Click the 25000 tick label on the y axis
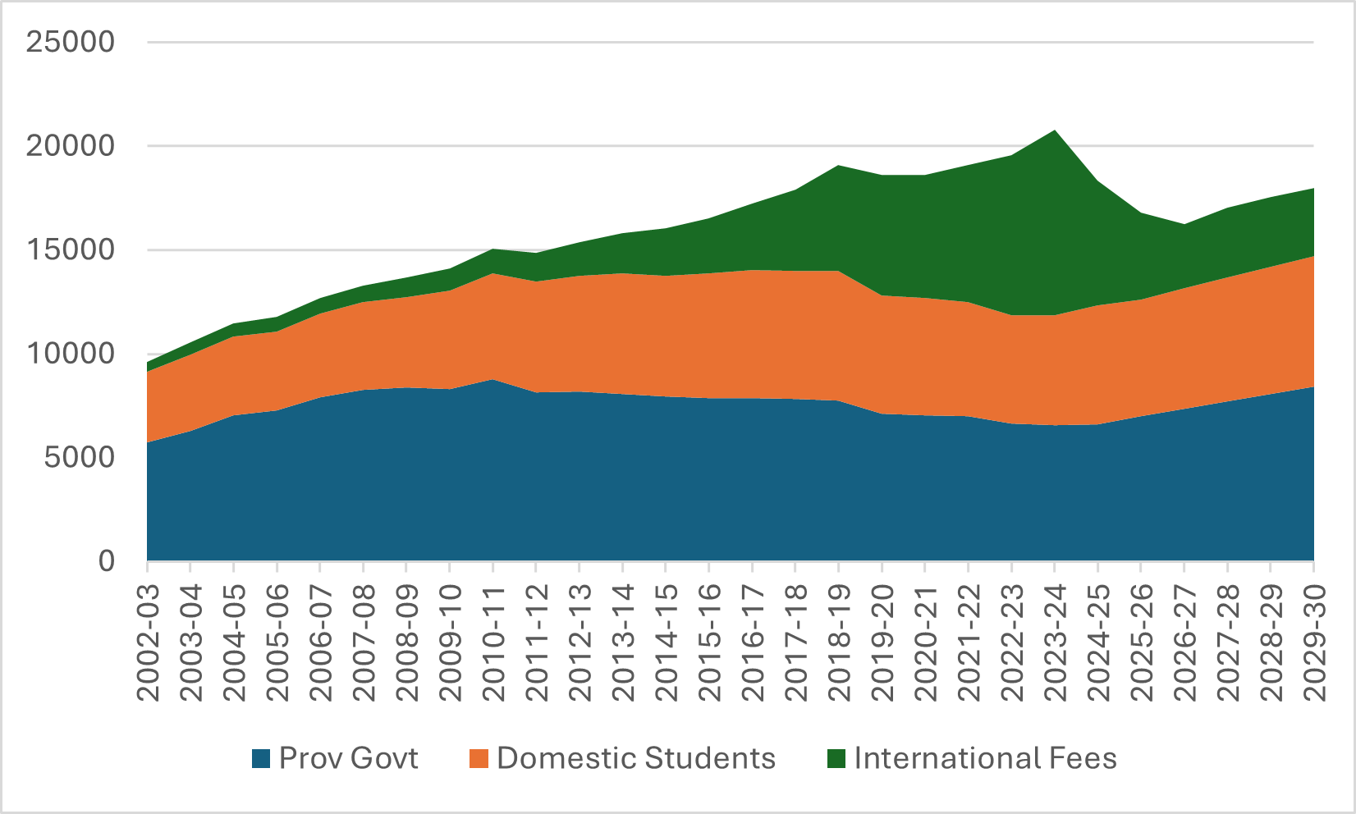click(x=70, y=42)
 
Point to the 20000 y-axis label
click(x=70, y=146)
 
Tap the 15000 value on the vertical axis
click(x=70, y=249)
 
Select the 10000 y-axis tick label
click(x=70, y=354)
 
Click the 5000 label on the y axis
click(x=79, y=457)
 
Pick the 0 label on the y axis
click(x=106, y=561)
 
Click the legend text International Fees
click(x=985, y=758)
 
